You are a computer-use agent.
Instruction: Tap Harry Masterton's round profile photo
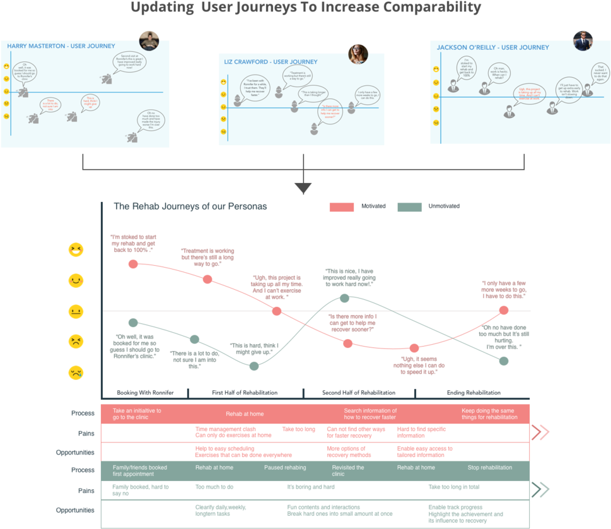click(149, 40)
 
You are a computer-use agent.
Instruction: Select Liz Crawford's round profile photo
click(358, 54)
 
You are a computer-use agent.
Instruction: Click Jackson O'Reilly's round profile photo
click(583, 41)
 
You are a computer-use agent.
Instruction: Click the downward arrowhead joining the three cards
click(303, 188)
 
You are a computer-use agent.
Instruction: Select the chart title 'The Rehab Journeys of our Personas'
click(190, 206)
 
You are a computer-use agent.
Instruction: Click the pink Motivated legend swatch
click(342, 207)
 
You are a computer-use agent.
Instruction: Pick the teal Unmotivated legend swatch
click(409, 207)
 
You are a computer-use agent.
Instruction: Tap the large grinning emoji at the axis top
click(76, 250)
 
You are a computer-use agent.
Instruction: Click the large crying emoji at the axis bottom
click(76, 372)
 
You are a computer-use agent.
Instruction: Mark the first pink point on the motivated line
click(133, 264)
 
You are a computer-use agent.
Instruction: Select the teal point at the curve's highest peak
click(344, 298)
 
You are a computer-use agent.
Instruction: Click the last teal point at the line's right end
click(503, 360)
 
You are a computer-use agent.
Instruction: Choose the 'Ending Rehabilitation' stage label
click(474, 393)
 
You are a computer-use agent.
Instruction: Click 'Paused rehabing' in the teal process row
click(284, 468)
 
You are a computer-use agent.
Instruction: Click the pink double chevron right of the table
click(540, 432)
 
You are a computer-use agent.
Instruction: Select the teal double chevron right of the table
click(540, 490)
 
